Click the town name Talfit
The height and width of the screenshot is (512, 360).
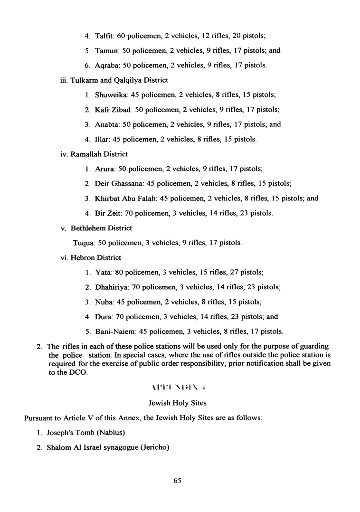[104, 36]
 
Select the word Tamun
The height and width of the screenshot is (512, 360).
[105, 50]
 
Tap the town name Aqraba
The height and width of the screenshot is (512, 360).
[106, 65]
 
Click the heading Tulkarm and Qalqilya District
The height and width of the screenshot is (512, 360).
[119, 80]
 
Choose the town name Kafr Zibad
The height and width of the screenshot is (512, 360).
[113, 110]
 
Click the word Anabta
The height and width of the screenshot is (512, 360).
[107, 124]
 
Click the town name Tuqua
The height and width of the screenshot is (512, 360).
[83, 243]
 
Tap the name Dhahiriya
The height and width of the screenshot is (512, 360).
[111, 287]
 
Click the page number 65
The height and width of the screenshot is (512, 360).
[178, 481]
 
